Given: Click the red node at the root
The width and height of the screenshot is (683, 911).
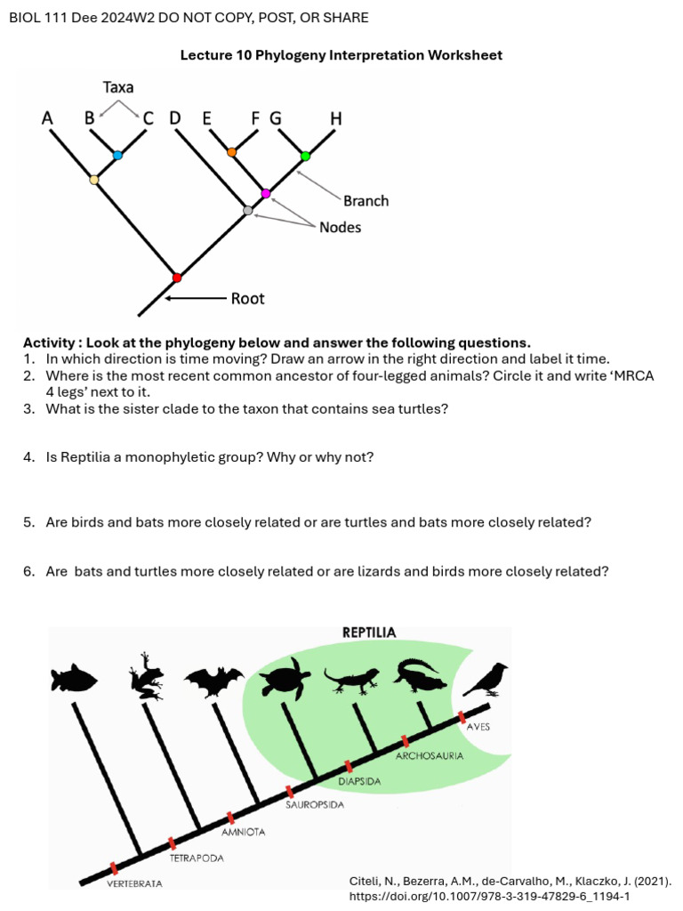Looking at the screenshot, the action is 176,278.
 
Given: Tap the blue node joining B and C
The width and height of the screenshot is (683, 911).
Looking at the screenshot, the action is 117,155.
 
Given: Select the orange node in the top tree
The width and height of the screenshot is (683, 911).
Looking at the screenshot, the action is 232,152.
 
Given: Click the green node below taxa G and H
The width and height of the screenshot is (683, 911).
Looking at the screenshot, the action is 305,156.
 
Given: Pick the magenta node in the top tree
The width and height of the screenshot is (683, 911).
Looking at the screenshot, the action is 265,193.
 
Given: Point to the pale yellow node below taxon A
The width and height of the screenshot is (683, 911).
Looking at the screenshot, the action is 94,181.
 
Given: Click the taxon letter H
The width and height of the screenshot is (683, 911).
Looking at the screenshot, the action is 335,117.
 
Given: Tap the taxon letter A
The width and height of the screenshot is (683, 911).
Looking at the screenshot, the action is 47,117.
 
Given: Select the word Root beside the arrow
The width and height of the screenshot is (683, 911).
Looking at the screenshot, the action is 247,299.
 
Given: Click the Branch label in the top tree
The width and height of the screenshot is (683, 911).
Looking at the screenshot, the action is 366,201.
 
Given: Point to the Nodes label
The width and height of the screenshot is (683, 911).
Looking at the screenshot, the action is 341,228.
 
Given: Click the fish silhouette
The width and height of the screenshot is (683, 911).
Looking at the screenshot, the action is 74,679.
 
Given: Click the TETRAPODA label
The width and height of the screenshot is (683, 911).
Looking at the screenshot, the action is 197,859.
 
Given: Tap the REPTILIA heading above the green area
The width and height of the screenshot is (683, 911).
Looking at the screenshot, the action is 369,633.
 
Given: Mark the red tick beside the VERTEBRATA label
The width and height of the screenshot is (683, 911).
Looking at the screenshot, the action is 114,868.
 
